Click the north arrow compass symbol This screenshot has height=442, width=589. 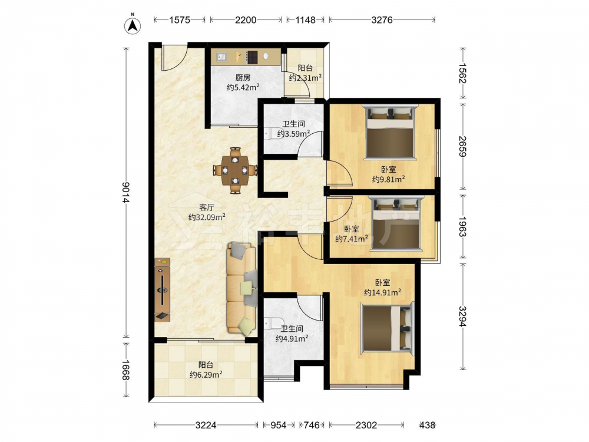pyautogui.click(x=133, y=25)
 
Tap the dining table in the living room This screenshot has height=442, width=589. pyautogui.click(x=235, y=170)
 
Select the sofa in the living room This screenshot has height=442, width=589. pyautogui.click(x=241, y=289)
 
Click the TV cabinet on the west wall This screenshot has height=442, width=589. pyautogui.click(x=163, y=289)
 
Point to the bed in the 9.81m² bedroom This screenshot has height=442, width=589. pyautogui.click(x=390, y=132)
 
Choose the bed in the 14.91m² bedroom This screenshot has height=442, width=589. pyautogui.click(x=388, y=328)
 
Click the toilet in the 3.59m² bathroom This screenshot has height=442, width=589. pyautogui.click(x=269, y=133)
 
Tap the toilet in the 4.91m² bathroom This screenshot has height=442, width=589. pyautogui.click(x=269, y=323)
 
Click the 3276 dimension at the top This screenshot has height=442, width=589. pyautogui.click(x=382, y=19)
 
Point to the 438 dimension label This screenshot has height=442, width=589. pyautogui.click(x=428, y=425)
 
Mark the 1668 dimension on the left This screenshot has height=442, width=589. pyautogui.click(x=125, y=370)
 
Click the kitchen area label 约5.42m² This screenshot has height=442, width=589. pyautogui.click(x=243, y=87)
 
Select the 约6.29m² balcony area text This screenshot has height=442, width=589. pyautogui.click(x=206, y=374)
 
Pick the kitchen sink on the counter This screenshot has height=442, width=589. pyautogui.click(x=221, y=57)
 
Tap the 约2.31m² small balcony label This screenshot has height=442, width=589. pyautogui.click(x=305, y=78)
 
